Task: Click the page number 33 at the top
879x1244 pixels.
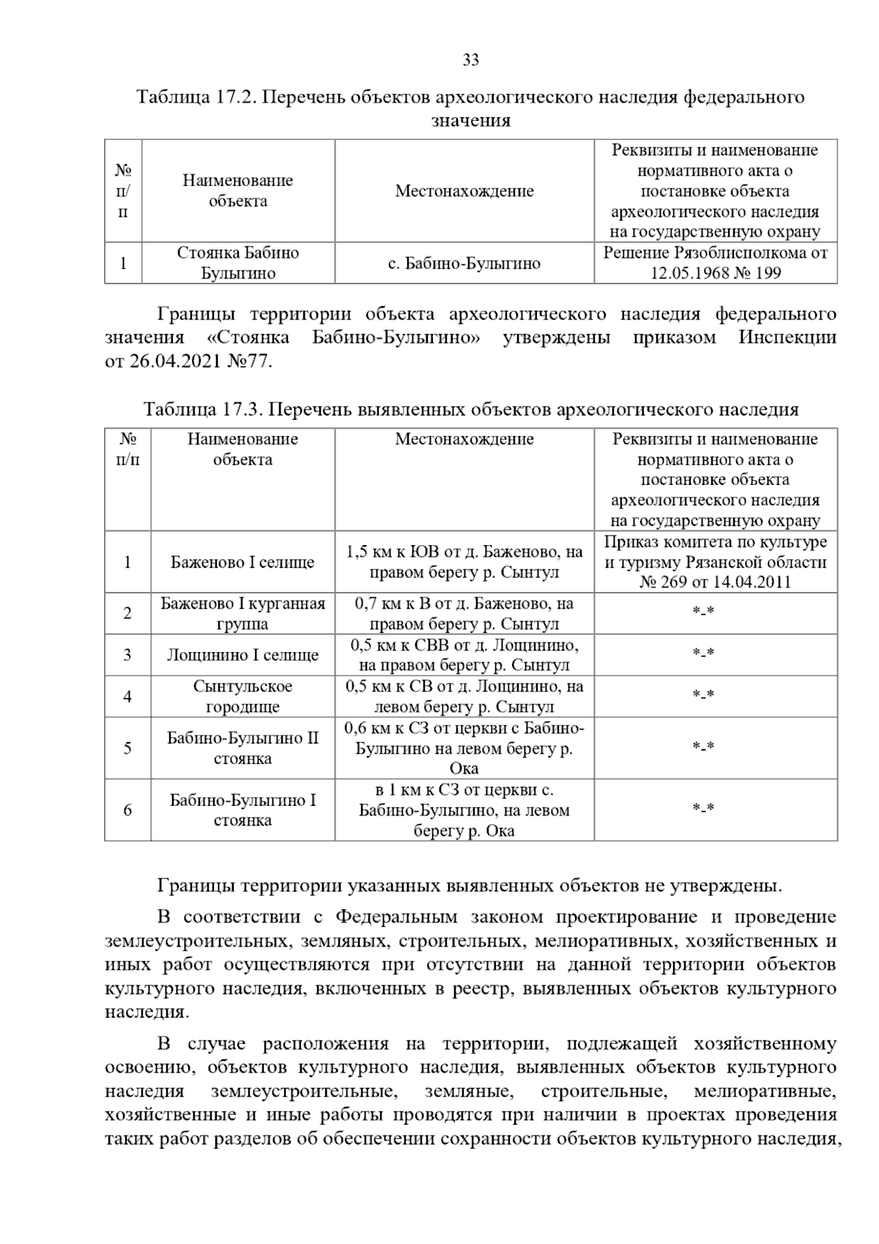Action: point(470,60)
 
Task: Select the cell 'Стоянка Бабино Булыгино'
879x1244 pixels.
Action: point(238,263)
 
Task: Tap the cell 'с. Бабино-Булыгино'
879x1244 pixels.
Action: point(464,263)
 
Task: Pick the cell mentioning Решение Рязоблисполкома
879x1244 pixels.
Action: point(715,263)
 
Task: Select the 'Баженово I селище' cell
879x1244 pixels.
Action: point(242,563)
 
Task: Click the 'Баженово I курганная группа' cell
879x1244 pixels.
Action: point(242,614)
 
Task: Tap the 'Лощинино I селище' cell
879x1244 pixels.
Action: point(242,655)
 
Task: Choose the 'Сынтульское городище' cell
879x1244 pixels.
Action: point(242,697)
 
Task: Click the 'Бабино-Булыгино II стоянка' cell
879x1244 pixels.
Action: point(242,748)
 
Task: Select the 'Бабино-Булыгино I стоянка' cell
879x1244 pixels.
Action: point(242,810)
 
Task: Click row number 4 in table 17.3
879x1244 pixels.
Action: point(127,697)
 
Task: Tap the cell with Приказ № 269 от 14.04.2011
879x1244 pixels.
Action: point(715,563)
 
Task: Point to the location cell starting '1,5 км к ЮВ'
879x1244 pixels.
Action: point(464,563)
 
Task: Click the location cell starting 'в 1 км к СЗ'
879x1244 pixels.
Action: point(464,810)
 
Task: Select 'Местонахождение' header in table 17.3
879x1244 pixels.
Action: point(464,440)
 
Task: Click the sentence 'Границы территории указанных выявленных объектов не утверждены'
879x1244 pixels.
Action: point(469,886)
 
